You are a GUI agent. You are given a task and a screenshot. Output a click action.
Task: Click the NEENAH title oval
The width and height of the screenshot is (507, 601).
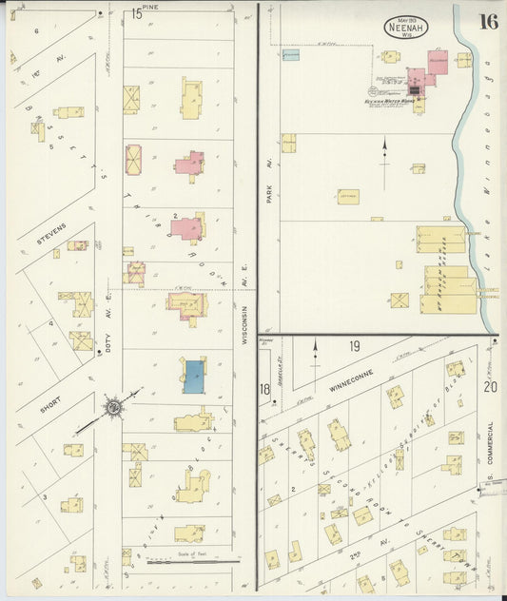pos(405,27)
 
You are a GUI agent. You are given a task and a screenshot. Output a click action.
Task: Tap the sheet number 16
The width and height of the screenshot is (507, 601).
pos(488,22)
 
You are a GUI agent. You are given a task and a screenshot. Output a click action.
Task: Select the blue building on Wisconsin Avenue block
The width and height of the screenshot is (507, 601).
pos(192,377)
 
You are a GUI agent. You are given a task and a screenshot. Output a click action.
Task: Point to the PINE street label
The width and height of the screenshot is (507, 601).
pos(177,8)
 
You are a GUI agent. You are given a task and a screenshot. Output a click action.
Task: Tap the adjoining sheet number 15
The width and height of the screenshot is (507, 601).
pos(137,14)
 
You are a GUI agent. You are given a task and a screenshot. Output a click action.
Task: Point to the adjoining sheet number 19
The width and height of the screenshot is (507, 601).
pos(354,346)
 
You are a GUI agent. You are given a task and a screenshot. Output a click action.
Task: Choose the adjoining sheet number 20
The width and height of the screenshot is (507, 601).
pos(490,387)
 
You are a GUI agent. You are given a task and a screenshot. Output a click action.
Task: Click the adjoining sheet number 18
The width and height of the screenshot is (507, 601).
pos(264,389)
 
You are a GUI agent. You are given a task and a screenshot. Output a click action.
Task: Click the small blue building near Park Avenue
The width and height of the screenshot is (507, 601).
pos(291,55)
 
